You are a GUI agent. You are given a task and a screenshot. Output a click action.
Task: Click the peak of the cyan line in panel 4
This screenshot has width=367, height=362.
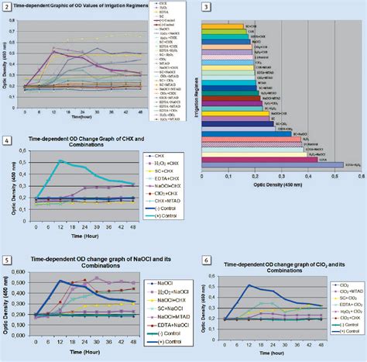click(x=59, y=161)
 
